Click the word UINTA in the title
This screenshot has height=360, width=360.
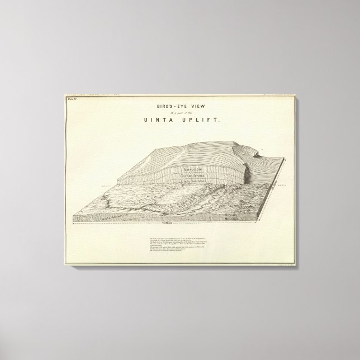click(x=163, y=119)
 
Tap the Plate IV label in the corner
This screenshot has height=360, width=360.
click(x=72, y=99)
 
